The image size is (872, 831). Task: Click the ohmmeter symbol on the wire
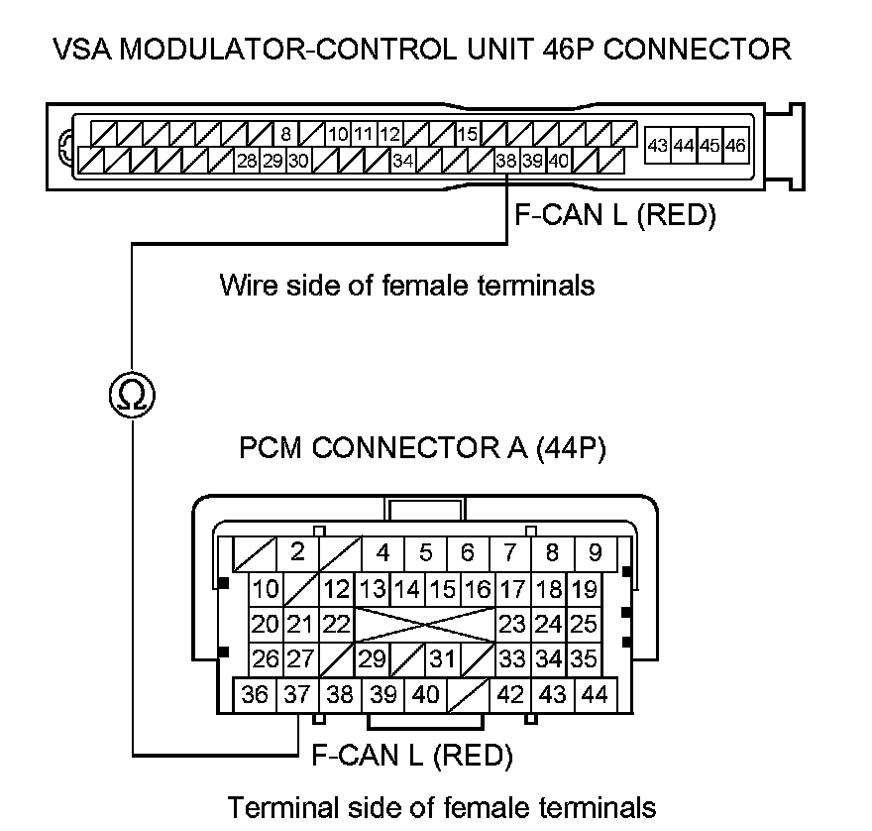coord(132,396)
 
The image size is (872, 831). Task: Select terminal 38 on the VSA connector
coord(506,161)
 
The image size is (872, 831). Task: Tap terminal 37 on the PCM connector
coord(296,695)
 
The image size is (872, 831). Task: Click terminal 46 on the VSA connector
coord(734,146)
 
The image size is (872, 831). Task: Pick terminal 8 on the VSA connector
coord(285,134)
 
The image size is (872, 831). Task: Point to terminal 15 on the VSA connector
coord(468,134)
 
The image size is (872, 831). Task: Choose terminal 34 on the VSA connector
coord(402,161)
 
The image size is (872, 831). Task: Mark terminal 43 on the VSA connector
coord(657,146)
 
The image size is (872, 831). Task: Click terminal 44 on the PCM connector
coord(595,695)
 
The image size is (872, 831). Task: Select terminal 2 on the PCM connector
coord(297,551)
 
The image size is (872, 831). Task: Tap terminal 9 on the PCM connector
coord(595,551)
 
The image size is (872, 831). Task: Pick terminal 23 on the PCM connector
coord(511,625)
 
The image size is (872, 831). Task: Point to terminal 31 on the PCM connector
coord(443,658)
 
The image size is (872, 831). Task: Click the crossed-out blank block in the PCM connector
coord(425,625)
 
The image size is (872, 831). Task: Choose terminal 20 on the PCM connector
coord(265,625)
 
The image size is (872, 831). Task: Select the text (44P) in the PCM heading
coord(570,448)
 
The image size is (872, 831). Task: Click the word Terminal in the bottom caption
coord(279,806)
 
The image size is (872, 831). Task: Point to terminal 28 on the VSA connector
coord(247,161)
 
